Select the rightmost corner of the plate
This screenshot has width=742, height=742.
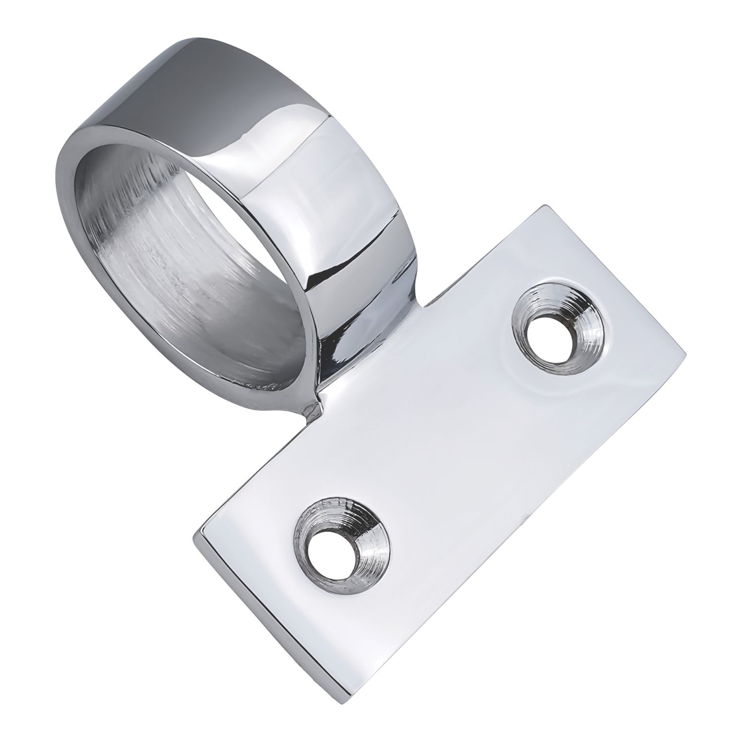[x=686, y=354]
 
